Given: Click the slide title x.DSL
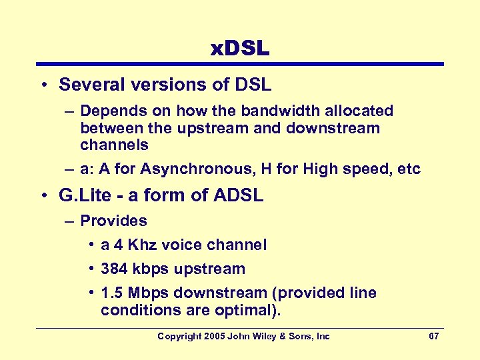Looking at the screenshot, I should coord(239,49).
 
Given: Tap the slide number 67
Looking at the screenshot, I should coord(433,336).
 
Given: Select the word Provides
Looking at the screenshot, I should coord(113,221).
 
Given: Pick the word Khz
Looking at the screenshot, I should coord(143,245).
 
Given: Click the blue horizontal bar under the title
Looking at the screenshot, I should coord(240,65).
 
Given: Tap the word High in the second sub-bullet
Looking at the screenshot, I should coord(320,169).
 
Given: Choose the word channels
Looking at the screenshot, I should coord(114,145).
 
